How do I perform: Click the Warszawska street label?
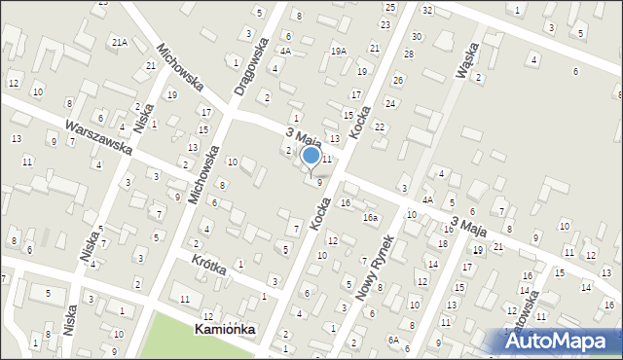98,139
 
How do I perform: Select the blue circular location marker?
311,155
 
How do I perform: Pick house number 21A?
119,43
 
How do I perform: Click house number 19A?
338,51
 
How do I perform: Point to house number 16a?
370,218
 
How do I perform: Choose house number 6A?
392,340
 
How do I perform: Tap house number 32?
427,10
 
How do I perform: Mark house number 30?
416,36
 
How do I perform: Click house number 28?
409,54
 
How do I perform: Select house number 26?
397,80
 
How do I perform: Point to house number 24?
390,103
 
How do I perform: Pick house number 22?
380,127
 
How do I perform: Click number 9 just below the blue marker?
319,182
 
